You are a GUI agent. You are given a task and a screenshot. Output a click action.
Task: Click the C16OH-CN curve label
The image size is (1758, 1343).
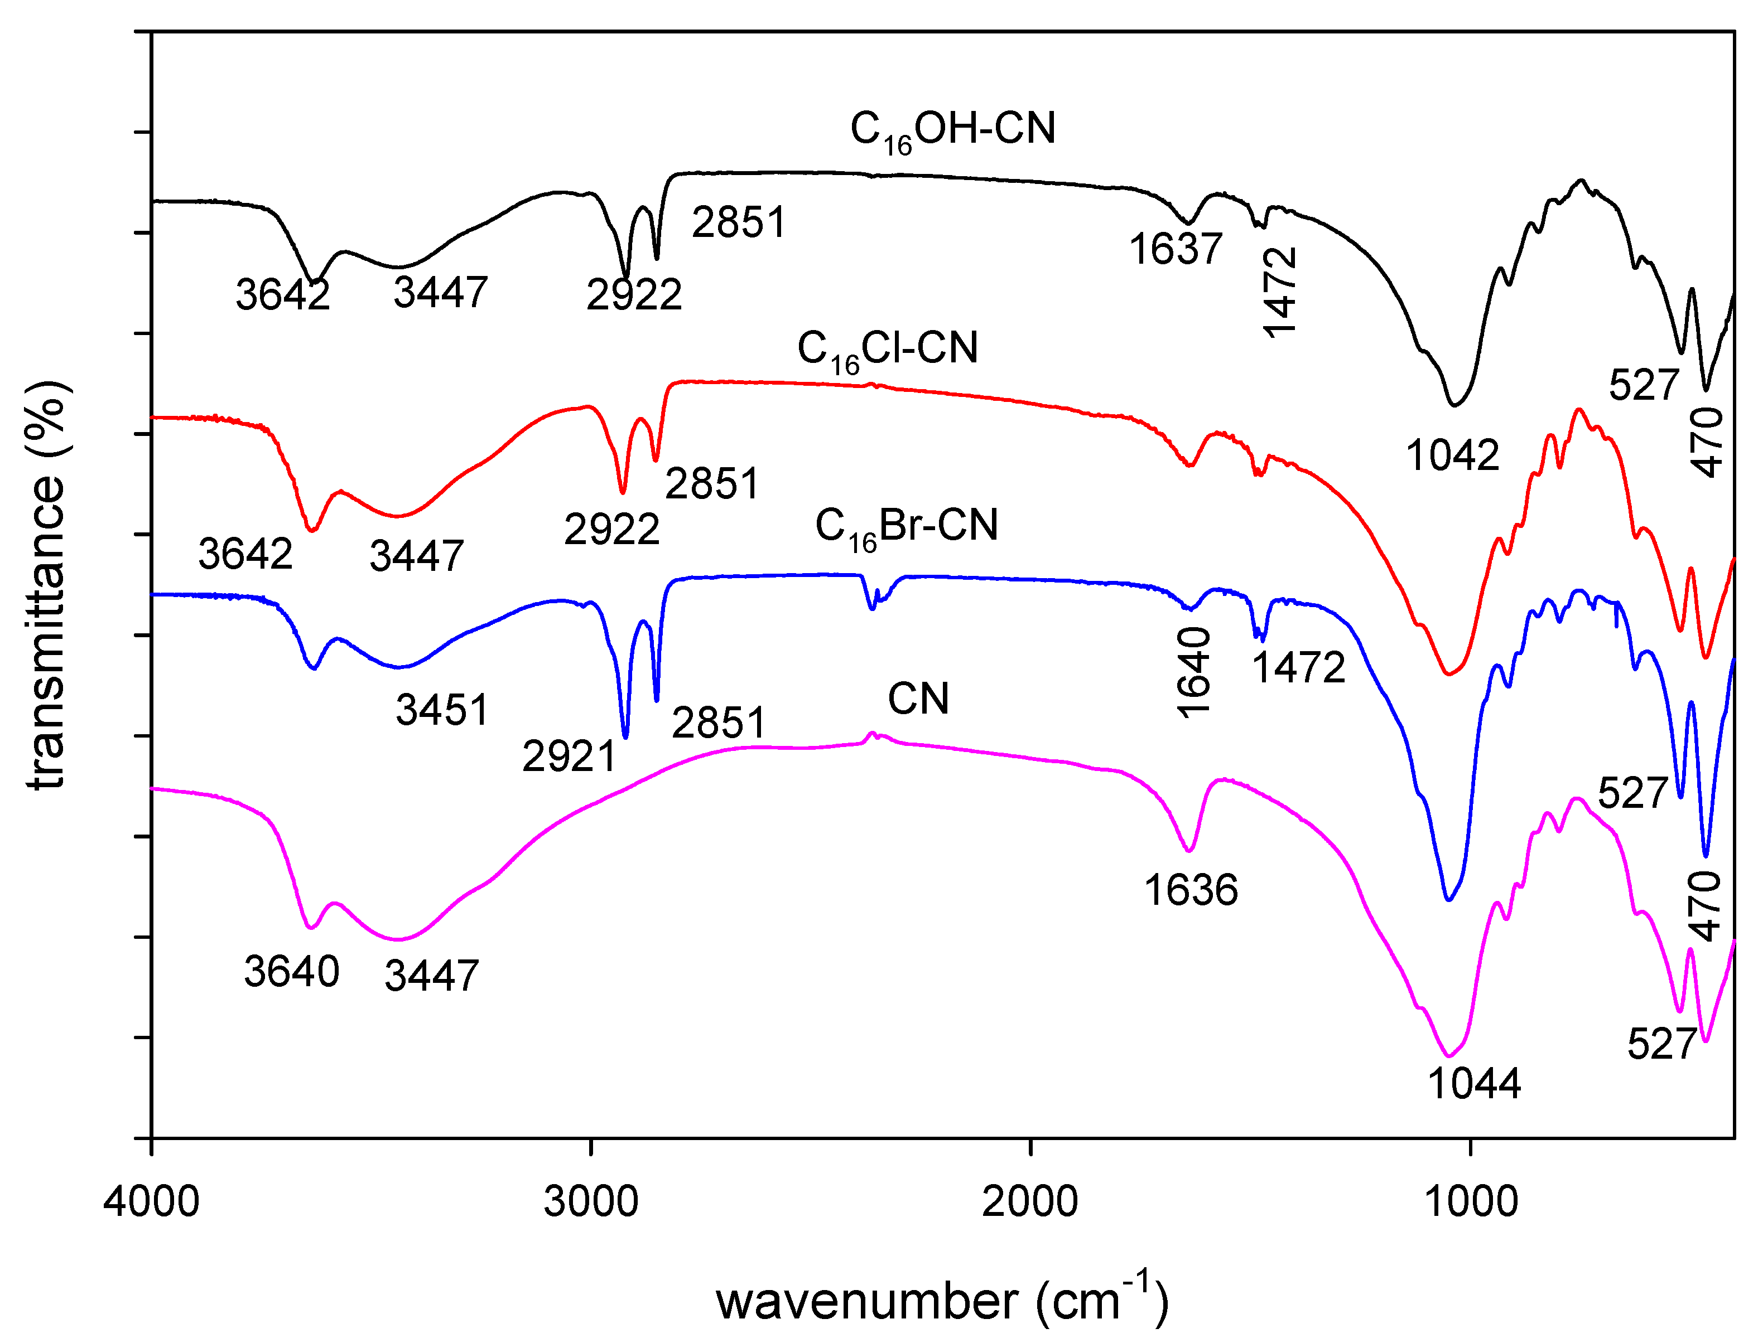(x=952, y=129)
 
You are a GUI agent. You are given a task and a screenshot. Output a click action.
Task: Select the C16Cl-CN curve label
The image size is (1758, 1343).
(x=887, y=350)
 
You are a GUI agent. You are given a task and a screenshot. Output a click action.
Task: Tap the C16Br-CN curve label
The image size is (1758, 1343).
(x=906, y=527)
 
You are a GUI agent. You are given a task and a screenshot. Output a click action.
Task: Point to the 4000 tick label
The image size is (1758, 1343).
(x=151, y=1201)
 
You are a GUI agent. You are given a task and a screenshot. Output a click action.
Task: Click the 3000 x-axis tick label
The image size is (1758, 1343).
(x=590, y=1201)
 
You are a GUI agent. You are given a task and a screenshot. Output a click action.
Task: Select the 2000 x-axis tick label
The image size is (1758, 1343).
(x=1029, y=1201)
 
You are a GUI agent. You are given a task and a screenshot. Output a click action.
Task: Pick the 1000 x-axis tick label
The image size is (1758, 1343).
(x=1470, y=1201)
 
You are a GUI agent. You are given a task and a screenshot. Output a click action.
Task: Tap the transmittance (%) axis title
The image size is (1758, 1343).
(x=46, y=585)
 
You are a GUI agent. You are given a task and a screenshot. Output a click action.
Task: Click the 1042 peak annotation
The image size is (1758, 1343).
(x=1452, y=455)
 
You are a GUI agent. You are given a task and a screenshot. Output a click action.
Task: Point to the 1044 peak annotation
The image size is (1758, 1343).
(x=1473, y=1084)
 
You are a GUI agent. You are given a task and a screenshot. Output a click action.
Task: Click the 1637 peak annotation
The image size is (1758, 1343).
(x=1175, y=249)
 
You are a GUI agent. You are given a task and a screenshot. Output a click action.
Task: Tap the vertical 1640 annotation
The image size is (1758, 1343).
(x=1194, y=672)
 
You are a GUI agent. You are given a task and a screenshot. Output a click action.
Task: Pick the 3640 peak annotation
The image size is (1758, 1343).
(x=292, y=972)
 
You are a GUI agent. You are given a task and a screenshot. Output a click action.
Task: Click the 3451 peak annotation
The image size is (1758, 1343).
(x=441, y=710)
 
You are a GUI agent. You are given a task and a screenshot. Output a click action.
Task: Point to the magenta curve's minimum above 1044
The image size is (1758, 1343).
(x=1448, y=1055)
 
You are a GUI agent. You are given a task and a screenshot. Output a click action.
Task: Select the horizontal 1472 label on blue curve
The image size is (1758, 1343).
(x=1298, y=667)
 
